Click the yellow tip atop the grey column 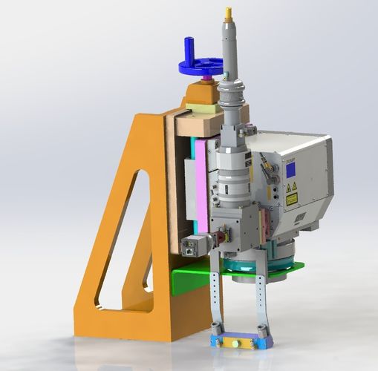(228, 13)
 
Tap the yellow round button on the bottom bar (234, 344)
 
